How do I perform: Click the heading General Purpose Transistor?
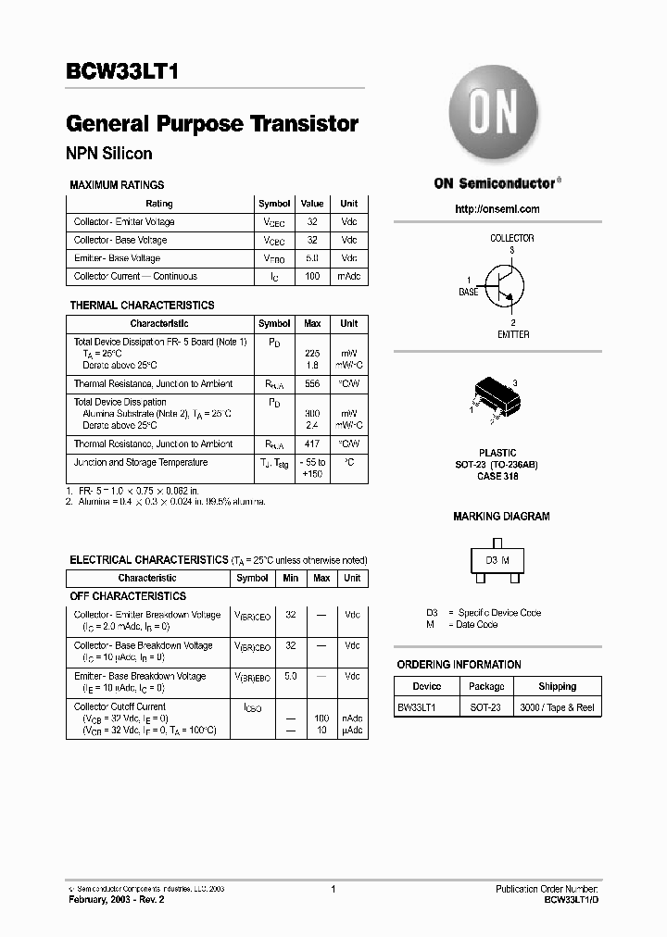(x=212, y=124)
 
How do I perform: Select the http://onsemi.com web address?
(x=497, y=209)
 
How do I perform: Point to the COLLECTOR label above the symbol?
(x=511, y=238)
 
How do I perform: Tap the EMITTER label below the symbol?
(x=513, y=334)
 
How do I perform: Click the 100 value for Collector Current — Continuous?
(x=312, y=276)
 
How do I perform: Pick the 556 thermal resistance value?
(x=312, y=383)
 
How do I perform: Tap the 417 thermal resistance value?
(x=312, y=444)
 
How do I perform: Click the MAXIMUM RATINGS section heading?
(x=117, y=185)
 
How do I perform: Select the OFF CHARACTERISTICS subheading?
(x=128, y=596)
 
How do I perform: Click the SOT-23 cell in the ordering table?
(x=485, y=707)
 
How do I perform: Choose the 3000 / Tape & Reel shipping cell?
(x=557, y=707)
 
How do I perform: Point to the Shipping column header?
(x=557, y=687)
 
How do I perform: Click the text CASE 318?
(x=498, y=476)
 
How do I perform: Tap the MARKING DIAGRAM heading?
(x=501, y=517)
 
